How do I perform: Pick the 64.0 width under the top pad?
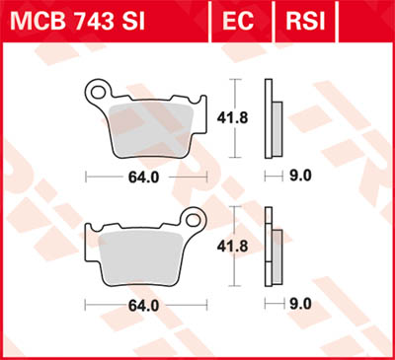pos(146,178)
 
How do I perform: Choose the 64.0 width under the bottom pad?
pos(146,305)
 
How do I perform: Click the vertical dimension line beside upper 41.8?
pos(234,94)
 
